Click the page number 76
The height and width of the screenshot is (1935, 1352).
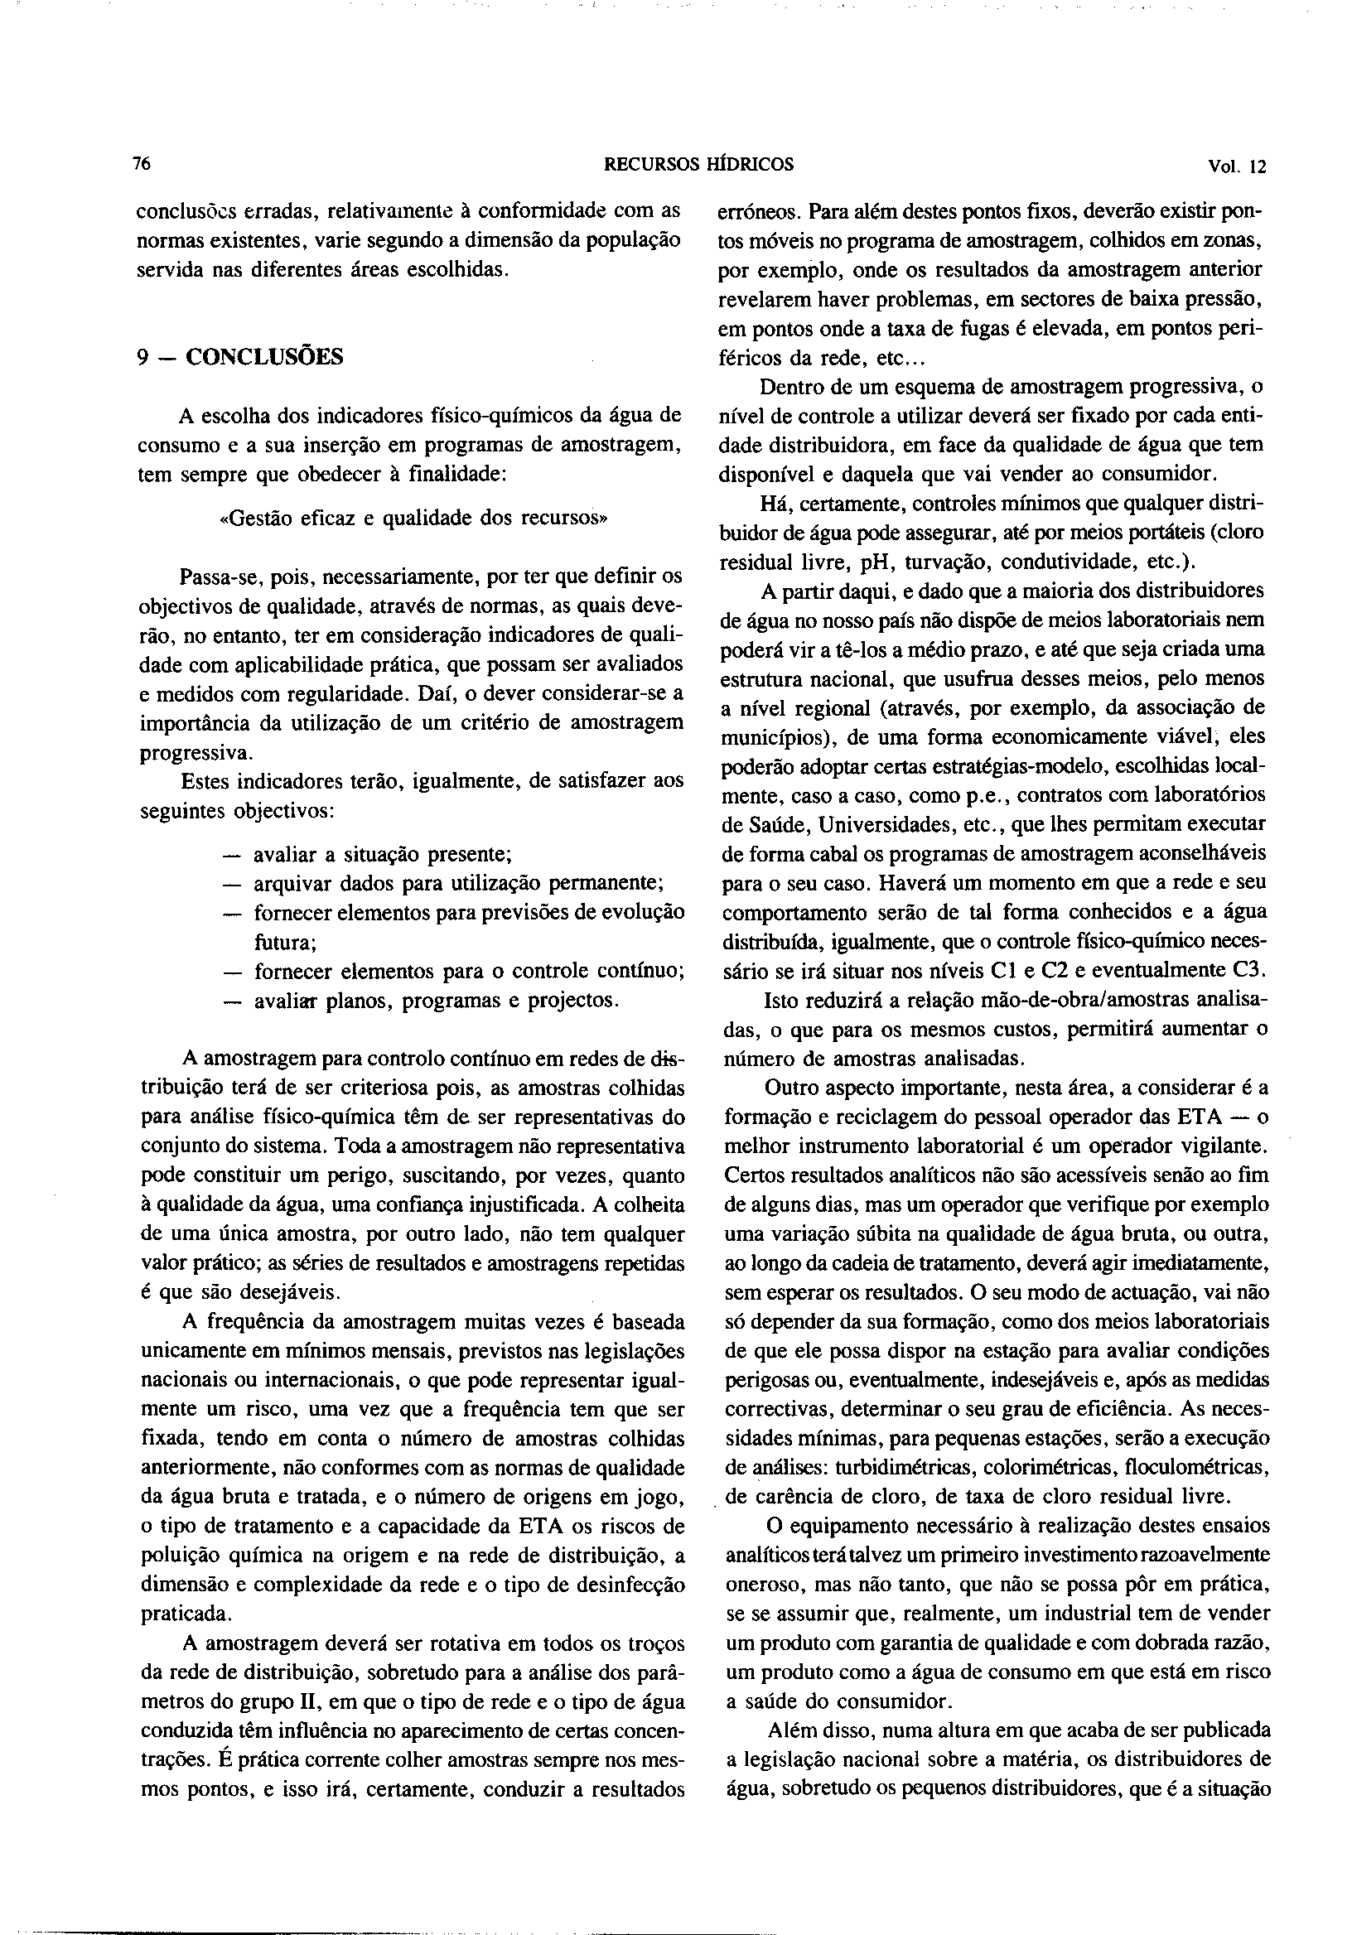click(142, 164)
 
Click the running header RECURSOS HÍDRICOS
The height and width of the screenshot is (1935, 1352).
click(698, 165)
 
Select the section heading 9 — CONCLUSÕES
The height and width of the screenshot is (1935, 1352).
click(240, 356)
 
